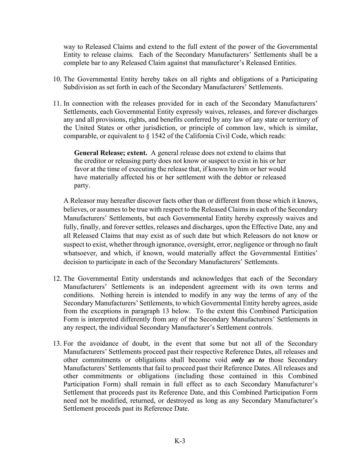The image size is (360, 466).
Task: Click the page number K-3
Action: [x=180, y=441]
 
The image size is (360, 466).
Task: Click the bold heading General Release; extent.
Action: [x=110, y=153]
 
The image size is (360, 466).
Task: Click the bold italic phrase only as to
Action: [x=248, y=360]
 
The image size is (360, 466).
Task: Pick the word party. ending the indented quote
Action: [x=82, y=186]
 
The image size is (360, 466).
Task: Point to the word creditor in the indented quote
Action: [x=96, y=161]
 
